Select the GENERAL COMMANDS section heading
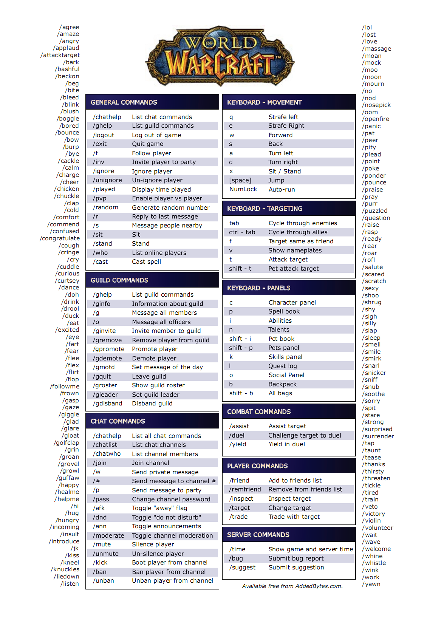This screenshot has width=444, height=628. [x=124, y=102]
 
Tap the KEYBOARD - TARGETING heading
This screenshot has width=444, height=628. [x=265, y=209]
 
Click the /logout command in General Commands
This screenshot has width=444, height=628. [x=104, y=135]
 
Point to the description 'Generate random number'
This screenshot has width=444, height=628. [x=170, y=208]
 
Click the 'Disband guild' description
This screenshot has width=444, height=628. [x=152, y=404]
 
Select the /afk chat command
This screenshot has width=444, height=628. [x=99, y=508]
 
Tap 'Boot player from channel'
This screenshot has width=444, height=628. [x=170, y=563]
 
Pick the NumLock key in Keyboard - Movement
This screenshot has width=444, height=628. [x=243, y=189]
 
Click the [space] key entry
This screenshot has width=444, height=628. [x=240, y=181]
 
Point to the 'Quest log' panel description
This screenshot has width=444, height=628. [x=282, y=366]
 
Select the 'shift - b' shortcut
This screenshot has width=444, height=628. [x=241, y=393]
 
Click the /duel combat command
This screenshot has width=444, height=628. [x=237, y=436]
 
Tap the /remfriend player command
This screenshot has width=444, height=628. [x=245, y=490]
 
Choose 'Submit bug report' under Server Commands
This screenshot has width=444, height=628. [x=296, y=558]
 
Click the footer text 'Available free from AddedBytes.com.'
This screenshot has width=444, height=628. [x=292, y=586]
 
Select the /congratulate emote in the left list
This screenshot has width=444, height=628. [x=60, y=238]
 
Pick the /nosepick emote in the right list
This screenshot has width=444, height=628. [x=376, y=105]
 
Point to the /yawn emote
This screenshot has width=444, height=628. [x=371, y=584]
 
